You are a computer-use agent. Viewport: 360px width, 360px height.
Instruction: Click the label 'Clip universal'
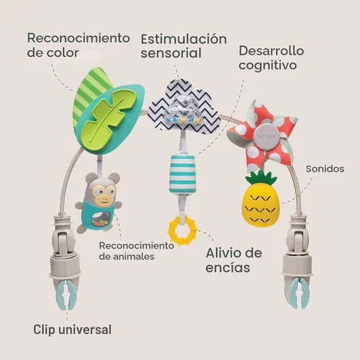point(72,330)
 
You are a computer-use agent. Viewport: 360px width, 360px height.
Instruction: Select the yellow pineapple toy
point(261,199)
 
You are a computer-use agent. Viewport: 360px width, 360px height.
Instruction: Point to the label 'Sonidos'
point(325,168)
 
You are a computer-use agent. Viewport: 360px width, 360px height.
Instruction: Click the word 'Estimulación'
point(184,39)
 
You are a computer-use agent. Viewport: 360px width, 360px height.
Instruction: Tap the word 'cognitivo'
point(268,66)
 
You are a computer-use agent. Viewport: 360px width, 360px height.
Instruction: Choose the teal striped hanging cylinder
point(182,174)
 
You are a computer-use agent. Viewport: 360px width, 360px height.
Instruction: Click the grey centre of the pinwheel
point(266,137)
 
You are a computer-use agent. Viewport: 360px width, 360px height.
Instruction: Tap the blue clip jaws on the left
point(66,294)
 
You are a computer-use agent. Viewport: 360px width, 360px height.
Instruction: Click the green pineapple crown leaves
point(261,177)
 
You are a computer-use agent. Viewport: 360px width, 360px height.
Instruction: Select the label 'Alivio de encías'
point(234,260)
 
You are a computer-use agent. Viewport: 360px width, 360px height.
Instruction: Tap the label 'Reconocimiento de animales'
point(136,251)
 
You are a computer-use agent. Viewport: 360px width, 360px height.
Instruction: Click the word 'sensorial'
point(171,53)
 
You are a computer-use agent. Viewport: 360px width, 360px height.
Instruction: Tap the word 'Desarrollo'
point(271,51)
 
